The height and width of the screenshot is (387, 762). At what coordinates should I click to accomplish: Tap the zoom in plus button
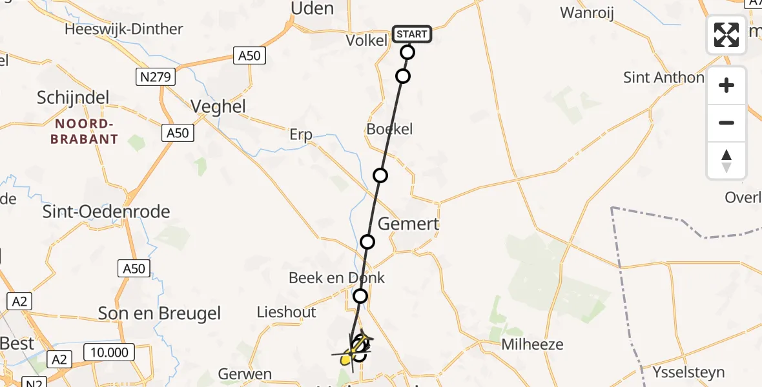[x=726, y=86]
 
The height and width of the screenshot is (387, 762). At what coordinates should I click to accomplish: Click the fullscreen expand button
[x=726, y=35]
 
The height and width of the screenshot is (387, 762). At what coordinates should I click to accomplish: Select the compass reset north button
[x=726, y=161]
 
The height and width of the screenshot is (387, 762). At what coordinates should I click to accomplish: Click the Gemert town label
[x=408, y=224]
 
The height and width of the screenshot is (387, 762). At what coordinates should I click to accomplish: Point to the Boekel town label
[x=389, y=129]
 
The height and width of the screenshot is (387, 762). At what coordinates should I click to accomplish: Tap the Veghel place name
[x=219, y=106]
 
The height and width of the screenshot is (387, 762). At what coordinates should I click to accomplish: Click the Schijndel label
[x=73, y=97]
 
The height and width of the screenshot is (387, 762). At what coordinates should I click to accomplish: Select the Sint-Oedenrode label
[x=107, y=212]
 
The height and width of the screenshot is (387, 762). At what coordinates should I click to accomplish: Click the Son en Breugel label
[x=160, y=314]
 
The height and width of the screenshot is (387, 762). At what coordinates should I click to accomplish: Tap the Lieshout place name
[x=287, y=312]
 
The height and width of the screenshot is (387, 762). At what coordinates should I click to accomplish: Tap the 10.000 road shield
[x=109, y=352]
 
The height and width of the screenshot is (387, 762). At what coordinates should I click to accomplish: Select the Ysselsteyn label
[x=690, y=372]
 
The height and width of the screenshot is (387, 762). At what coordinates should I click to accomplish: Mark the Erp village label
[x=301, y=135]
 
